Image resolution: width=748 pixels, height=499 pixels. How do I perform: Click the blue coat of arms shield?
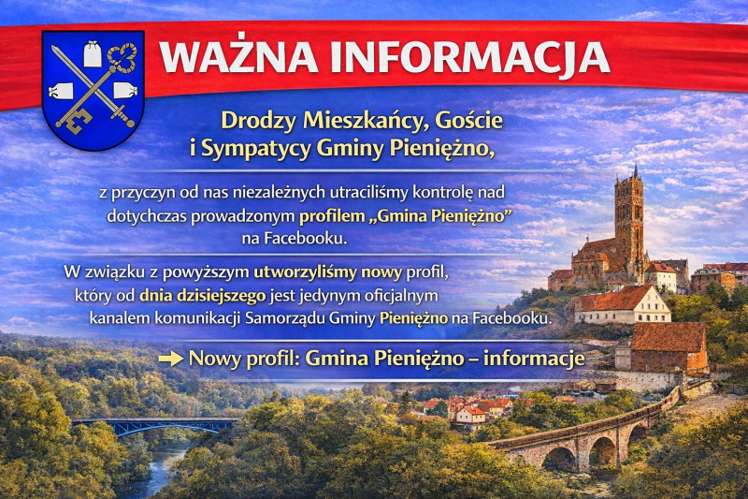tap(93, 89)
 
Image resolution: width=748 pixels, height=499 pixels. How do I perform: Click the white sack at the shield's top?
tap(93, 54)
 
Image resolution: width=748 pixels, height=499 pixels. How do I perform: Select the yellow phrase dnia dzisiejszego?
tap(194, 296)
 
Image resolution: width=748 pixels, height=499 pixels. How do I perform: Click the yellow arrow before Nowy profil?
tap(170, 359)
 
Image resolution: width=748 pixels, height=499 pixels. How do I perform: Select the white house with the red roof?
tap(621, 307)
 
